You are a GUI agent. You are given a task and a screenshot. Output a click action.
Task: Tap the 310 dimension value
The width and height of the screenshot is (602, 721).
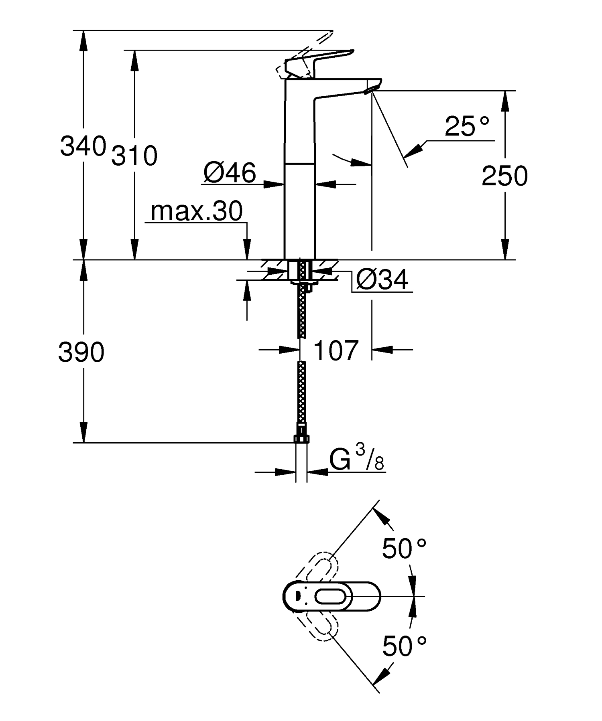pyautogui.click(x=134, y=156)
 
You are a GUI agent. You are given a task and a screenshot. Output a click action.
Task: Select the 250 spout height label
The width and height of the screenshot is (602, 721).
pyautogui.click(x=504, y=176)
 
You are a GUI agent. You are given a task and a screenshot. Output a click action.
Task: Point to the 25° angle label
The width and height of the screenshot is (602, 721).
pyautogui.click(x=466, y=126)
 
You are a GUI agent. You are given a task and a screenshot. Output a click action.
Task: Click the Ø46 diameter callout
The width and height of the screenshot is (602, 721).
pyautogui.click(x=229, y=173)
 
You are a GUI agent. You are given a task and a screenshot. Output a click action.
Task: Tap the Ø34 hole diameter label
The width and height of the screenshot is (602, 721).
pyautogui.click(x=382, y=279)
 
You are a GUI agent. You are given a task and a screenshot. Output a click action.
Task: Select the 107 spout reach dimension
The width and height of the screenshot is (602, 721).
pyautogui.click(x=335, y=350)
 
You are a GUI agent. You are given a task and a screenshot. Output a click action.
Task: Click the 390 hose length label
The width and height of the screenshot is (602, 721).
pyautogui.click(x=81, y=353)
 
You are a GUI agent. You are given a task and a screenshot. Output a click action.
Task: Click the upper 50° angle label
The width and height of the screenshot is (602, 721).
pyautogui.click(x=403, y=549)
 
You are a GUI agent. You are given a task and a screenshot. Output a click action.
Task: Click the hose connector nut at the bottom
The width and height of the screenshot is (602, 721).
pyautogui.click(x=301, y=437)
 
